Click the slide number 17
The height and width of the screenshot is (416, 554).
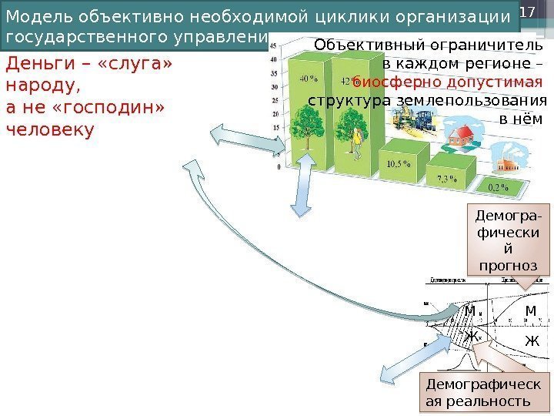click(x=527, y=13)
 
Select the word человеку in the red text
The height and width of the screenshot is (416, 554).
click(x=49, y=129)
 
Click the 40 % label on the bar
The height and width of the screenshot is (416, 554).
click(x=308, y=79)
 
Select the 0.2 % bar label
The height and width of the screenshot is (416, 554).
click(x=499, y=187)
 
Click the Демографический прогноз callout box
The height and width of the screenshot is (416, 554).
click(x=509, y=240)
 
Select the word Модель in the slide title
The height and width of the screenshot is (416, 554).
click(x=38, y=17)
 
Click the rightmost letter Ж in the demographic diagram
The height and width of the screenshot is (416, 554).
click(x=531, y=340)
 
